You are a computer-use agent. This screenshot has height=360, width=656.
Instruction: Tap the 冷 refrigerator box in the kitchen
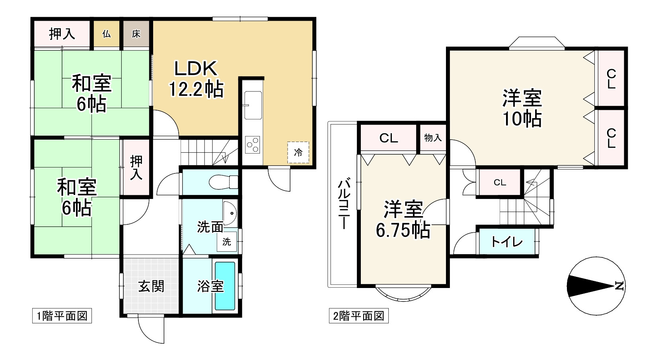click(298, 152)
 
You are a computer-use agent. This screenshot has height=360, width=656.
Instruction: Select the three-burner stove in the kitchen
click(253, 144)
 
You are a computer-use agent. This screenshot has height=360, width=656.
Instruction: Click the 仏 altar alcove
click(106, 34)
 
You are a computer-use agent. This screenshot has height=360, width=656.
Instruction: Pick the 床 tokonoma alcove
click(136, 34)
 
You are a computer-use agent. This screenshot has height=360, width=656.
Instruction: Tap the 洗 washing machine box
click(227, 241)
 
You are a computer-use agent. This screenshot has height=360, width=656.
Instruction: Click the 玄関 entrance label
click(151, 286)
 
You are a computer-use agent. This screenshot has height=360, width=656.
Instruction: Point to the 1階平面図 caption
click(62, 316)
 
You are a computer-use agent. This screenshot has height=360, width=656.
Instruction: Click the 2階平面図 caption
click(358, 316)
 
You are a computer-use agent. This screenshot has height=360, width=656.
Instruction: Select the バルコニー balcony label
click(344, 204)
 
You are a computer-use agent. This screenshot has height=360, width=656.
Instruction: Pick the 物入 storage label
click(433, 138)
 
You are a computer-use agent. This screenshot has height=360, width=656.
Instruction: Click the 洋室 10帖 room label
click(522, 108)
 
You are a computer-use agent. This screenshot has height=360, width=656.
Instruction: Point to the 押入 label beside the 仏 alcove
click(62, 34)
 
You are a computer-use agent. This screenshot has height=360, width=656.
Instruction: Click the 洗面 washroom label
click(210, 227)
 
